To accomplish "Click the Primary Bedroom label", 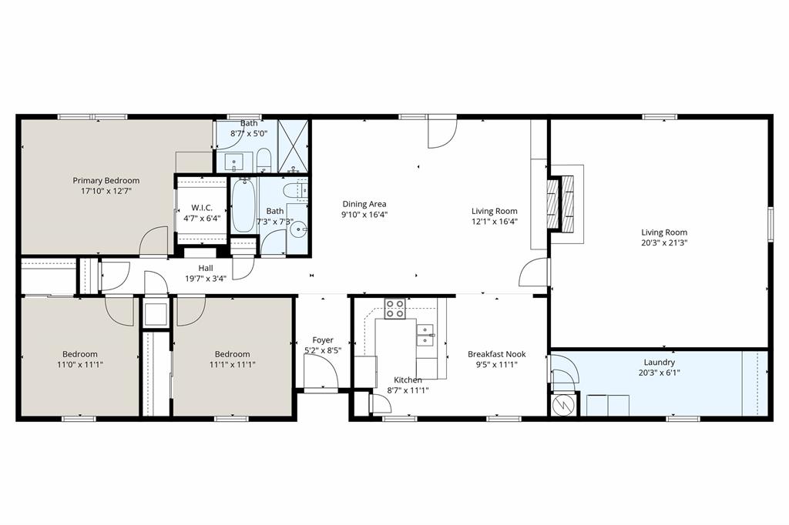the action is (x=106, y=181).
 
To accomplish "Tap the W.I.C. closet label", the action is (x=202, y=208).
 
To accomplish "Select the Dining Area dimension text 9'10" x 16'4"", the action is (x=364, y=214).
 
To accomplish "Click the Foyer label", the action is (x=323, y=340).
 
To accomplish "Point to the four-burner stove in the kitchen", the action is (x=395, y=308).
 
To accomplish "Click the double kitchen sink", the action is (x=425, y=336).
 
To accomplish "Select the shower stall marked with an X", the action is (x=293, y=145).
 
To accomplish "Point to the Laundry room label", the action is (x=660, y=362).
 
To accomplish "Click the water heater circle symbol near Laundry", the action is (x=562, y=404).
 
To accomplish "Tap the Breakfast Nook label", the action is (x=497, y=354).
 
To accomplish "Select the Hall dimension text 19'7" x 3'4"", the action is (x=206, y=278).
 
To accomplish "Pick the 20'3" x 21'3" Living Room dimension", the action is (x=664, y=242).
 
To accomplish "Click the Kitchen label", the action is (x=408, y=380).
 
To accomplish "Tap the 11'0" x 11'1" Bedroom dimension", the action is (x=80, y=365).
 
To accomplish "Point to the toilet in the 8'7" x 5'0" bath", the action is (x=264, y=159).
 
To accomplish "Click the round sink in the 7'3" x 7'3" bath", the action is (x=299, y=230).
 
